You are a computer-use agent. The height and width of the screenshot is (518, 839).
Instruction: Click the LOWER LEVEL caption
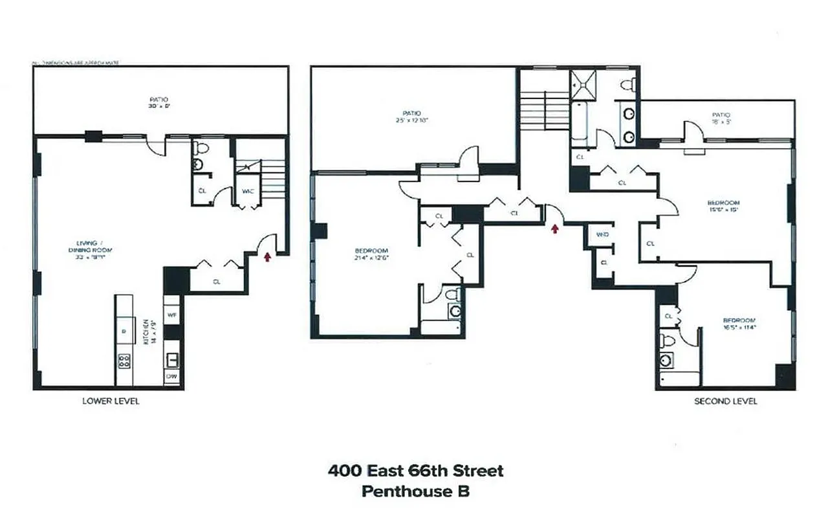(111, 401)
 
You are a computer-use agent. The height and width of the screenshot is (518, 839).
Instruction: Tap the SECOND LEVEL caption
(726, 401)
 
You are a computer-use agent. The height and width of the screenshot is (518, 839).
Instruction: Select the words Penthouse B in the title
(415, 491)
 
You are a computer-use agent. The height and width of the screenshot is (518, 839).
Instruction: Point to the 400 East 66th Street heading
(415, 471)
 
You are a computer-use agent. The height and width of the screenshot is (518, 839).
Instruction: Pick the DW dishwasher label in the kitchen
(171, 375)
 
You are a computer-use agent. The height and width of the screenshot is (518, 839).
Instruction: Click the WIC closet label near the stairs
(247, 192)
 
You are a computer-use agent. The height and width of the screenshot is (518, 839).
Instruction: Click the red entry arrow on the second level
(554, 228)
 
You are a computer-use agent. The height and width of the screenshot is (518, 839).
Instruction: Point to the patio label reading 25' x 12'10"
(413, 117)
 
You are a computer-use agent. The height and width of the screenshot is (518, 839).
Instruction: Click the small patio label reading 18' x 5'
(716, 118)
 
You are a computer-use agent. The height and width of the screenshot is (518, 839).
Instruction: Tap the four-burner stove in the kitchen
(124, 361)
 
